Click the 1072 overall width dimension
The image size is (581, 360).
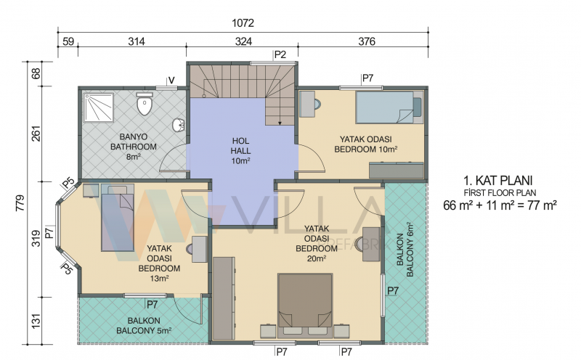point(243,23)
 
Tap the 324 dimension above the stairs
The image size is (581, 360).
point(243,41)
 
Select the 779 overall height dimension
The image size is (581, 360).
point(20,203)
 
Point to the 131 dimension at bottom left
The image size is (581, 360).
point(36,321)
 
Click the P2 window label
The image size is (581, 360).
point(280,55)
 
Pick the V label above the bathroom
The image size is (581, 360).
point(171,81)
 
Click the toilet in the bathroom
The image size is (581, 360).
point(145,103)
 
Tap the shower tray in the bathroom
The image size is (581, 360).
point(99,107)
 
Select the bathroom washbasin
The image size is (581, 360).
point(179,125)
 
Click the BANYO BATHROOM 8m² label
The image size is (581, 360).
point(134,147)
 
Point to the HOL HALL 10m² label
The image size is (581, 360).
point(241,151)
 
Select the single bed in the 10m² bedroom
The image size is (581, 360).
point(389,107)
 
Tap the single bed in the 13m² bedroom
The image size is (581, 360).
point(118,218)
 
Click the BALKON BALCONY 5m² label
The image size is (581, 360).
point(144,326)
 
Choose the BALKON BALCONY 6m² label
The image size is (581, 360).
point(405,249)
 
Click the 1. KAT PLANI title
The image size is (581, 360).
point(498,181)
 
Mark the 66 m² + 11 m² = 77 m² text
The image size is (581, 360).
point(500,205)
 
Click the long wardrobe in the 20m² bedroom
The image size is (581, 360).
point(224,298)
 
